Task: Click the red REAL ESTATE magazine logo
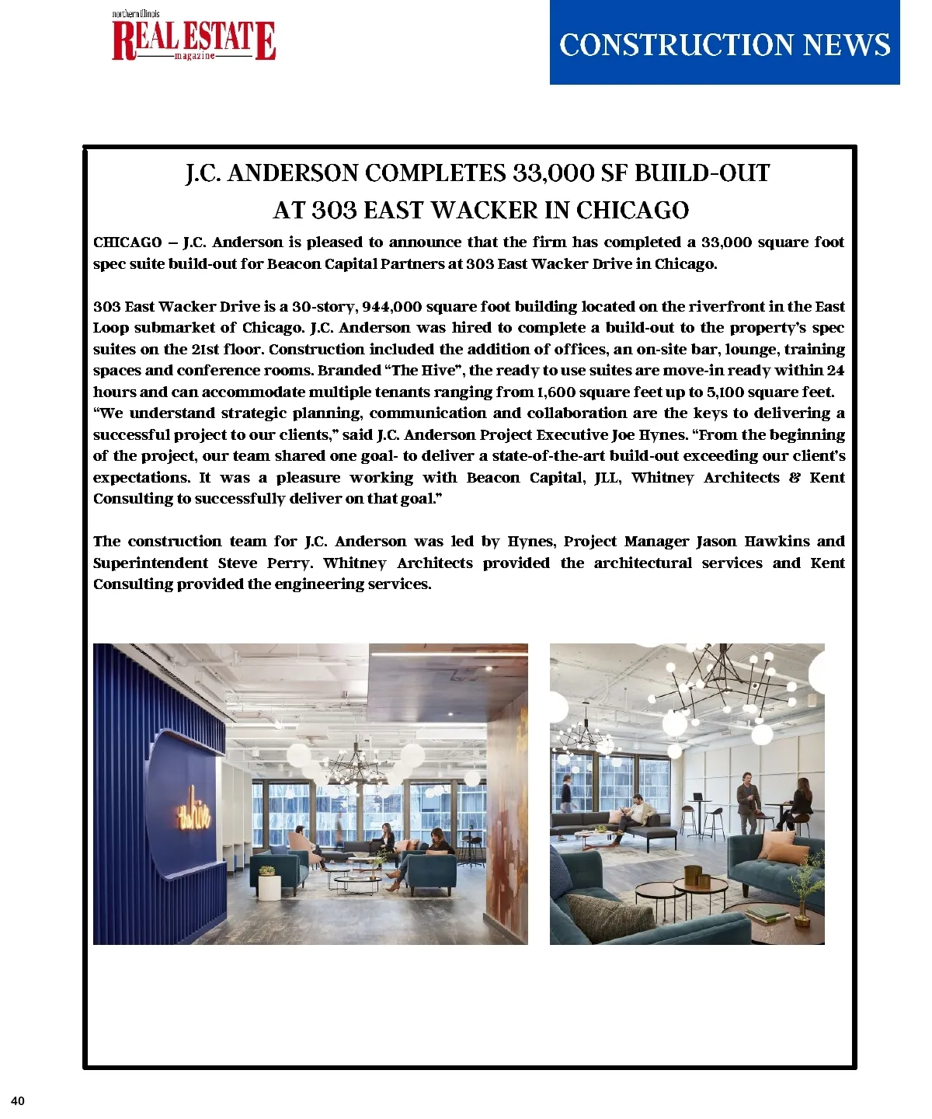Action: click(193, 39)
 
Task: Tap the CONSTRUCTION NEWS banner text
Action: click(724, 44)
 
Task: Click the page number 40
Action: click(18, 1101)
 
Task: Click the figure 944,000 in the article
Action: click(391, 307)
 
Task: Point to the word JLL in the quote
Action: click(607, 478)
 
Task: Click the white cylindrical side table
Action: click(269, 887)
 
